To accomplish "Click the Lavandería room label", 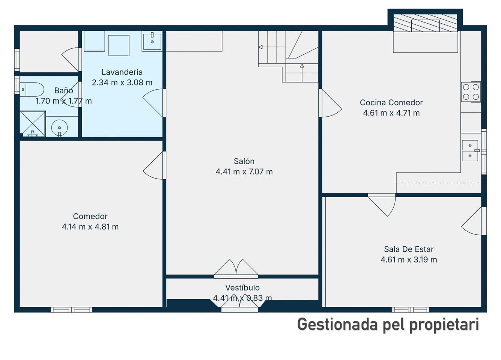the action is click(x=122, y=72).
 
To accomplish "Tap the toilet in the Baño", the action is click(x=32, y=90).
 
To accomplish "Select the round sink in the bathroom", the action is click(x=60, y=128).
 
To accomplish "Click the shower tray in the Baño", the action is click(x=33, y=124).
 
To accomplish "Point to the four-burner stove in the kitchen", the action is click(x=471, y=92).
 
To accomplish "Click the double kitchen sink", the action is click(x=470, y=151).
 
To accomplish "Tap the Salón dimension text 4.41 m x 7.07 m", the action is click(x=244, y=172).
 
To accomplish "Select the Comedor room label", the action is click(x=90, y=216).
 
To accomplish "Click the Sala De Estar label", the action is click(x=409, y=249).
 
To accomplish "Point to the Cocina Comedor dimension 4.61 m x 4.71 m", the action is click(x=391, y=113).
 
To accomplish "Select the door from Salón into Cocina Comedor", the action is click(x=330, y=103).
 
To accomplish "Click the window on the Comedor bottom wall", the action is click(x=72, y=310).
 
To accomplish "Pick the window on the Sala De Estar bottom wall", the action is click(x=411, y=310).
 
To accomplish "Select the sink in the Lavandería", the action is click(x=152, y=42).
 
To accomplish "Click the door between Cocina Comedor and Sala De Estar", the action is click(x=382, y=205).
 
